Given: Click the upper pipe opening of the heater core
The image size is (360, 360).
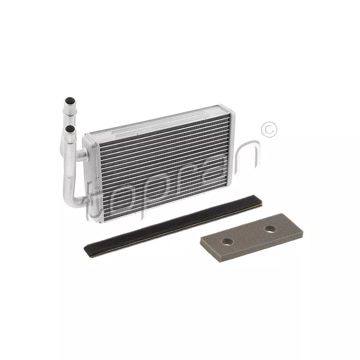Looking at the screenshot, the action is coord(70,100).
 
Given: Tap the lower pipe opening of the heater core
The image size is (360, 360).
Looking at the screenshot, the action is coord(70,129).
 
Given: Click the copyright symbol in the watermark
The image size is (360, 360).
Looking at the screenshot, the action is coord(269,130).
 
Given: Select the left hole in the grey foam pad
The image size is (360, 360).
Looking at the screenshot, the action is coord(228,241).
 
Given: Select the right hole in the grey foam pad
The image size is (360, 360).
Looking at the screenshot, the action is coord(270,229).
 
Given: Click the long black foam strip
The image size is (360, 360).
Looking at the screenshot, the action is coord(173,226).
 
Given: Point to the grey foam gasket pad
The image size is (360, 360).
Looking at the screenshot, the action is coord(252,238).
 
